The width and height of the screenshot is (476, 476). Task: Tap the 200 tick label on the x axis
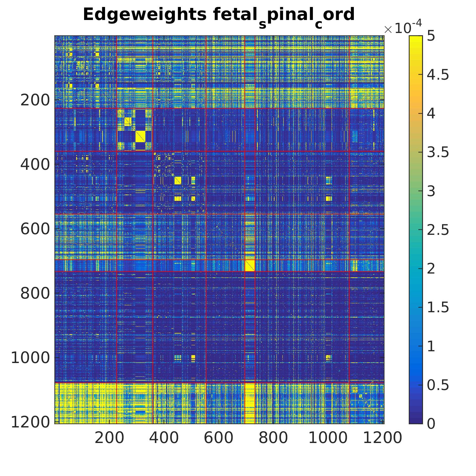pos(109,438)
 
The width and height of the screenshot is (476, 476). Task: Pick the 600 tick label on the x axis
pos(219,438)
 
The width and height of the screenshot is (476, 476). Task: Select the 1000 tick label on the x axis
pos(328,438)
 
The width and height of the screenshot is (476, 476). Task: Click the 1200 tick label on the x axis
pos(382,438)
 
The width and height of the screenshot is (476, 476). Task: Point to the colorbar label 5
pos(431,36)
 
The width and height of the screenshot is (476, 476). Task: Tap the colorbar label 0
pos(431,424)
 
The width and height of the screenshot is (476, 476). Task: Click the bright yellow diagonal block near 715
pos(250,265)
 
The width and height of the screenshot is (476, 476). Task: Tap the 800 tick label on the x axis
pos(273,438)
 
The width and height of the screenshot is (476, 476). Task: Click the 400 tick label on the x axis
pos(164,438)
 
